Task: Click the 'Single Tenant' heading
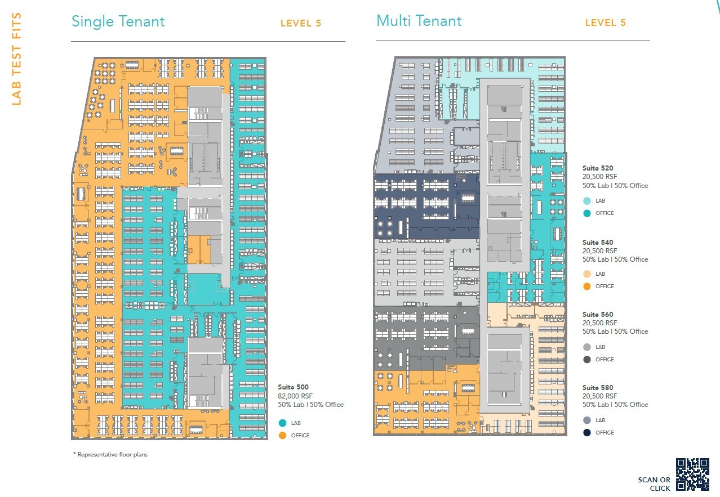[118, 22]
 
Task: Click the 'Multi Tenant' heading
[419, 21]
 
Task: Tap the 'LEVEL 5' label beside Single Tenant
[301, 24]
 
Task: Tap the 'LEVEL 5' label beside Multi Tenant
[605, 23]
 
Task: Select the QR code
[692, 474]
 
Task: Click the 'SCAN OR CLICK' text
[654, 484]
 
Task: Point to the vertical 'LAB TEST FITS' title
[16, 59]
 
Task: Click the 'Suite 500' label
[293, 387]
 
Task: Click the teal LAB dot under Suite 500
[282, 423]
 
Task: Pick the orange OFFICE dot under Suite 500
[282, 435]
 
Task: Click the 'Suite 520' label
[598, 168]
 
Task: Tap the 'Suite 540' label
[598, 243]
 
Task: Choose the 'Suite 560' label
[598, 315]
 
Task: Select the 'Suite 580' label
[598, 388]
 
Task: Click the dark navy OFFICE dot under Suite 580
[586, 432]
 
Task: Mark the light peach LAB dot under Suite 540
[586, 274]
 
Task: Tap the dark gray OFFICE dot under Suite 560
[586, 359]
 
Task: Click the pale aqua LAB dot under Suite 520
[586, 201]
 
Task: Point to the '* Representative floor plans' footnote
[110, 454]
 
